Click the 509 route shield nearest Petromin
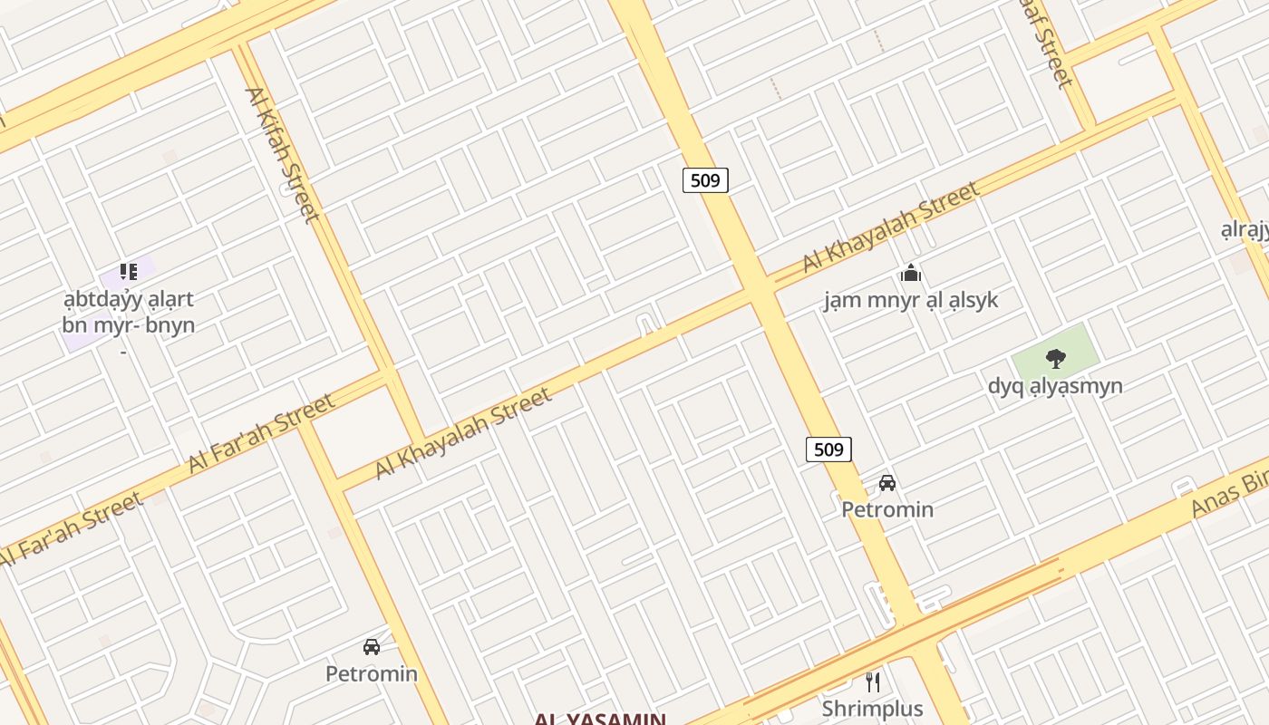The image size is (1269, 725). pyautogui.click(x=828, y=449)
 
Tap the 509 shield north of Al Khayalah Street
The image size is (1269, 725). pyautogui.click(x=705, y=179)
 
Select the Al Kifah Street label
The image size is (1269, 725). pyautogui.click(x=282, y=154)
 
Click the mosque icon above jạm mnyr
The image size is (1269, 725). pyautogui.click(x=911, y=273)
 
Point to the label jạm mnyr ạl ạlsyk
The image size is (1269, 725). pyautogui.click(x=911, y=300)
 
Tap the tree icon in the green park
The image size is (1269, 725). pyautogui.click(x=1055, y=358)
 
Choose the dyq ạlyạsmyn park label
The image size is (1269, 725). pyautogui.click(x=1055, y=386)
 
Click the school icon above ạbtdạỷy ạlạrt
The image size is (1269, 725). pyautogui.click(x=129, y=271)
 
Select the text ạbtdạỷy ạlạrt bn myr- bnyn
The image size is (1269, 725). pyautogui.click(x=129, y=312)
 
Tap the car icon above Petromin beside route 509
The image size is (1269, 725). pyautogui.click(x=887, y=482)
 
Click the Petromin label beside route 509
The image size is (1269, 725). pyautogui.click(x=887, y=509)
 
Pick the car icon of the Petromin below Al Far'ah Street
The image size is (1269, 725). pyautogui.click(x=372, y=647)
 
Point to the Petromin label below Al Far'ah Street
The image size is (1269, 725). pyautogui.click(x=372, y=674)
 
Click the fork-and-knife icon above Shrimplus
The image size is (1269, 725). pyautogui.click(x=873, y=681)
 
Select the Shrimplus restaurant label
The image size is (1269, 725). pyautogui.click(x=873, y=709)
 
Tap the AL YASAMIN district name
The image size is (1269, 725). pyautogui.click(x=600, y=719)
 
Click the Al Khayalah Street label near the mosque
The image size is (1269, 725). pyautogui.click(x=891, y=227)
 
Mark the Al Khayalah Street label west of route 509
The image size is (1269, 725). pyautogui.click(x=463, y=433)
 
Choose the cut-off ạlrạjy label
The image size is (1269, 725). pyautogui.click(x=1245, y=230)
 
